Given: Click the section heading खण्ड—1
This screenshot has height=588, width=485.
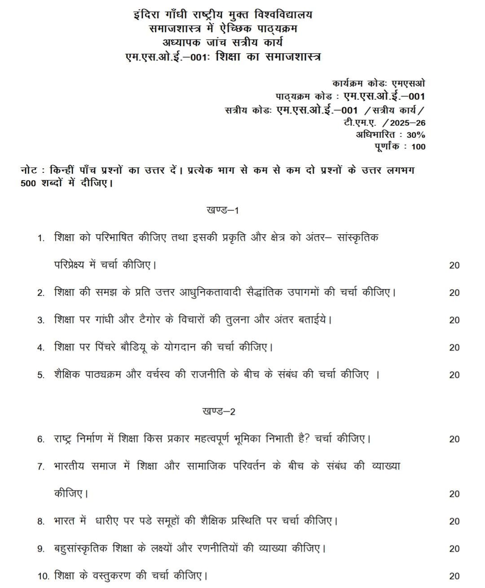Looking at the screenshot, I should pos(222,210).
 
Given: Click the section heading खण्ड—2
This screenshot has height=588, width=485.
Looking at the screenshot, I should pos(219,412).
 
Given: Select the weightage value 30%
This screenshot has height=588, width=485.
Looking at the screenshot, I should pos(416,135).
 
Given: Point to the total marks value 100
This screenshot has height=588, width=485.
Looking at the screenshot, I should pos(418,146).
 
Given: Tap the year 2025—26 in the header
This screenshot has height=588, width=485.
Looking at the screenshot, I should pos(407,123).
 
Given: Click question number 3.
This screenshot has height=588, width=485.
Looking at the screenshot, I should pos(41,320).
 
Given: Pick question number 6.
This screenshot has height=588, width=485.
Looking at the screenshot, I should pos(41,439).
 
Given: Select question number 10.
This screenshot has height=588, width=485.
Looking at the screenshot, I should pos(43,576).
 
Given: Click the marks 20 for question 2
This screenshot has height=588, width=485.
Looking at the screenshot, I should pos(454,293).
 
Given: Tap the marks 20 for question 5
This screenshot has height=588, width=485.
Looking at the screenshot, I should pos(454,375).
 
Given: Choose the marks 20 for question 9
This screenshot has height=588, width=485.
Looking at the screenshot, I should pos(454,549).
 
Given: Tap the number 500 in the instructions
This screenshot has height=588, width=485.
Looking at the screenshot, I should pos(30,183).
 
